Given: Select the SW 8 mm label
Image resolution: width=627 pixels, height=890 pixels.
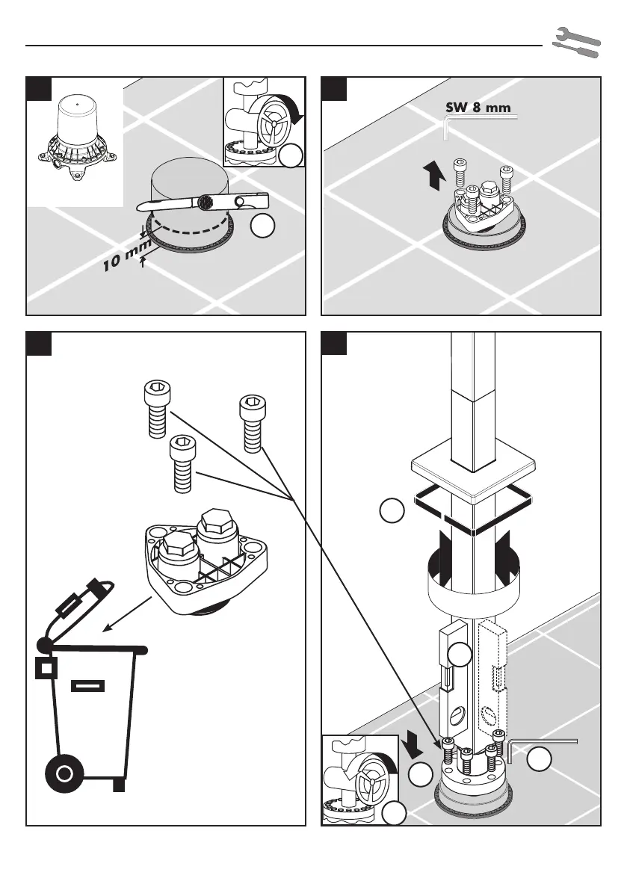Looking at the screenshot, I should pos(478,108).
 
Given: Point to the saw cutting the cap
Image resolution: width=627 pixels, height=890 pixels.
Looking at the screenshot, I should pos(202,203).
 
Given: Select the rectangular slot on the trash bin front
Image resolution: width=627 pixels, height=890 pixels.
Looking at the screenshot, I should pos(87,686).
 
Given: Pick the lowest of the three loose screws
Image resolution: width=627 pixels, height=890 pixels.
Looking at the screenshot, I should pos(181,463).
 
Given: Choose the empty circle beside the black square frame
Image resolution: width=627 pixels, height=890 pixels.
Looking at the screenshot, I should pos(392,511).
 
